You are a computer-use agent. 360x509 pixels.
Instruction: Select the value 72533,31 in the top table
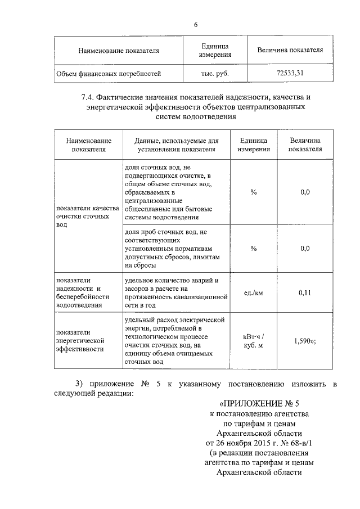click(x=289, y=73)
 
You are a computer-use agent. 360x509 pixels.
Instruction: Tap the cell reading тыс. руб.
click(x=214, y=73)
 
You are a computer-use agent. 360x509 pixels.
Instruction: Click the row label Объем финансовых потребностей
click(x=109, y=73)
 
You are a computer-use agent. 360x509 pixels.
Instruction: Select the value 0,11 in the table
click(x=305, y=292)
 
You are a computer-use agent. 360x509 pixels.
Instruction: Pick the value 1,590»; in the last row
click(x=305, y=341)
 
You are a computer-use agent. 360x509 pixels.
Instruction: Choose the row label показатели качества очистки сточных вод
click(x=87, y=216)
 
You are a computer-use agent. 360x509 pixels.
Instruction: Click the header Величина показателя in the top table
click(x=289, y=50)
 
